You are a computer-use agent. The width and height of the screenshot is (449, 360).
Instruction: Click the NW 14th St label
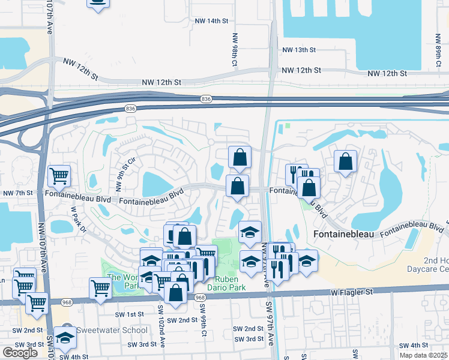tap(212, 20)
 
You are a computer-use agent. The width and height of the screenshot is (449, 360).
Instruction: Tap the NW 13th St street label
tap(313, 50)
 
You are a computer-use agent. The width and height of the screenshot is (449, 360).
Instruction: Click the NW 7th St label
tap(17, 193)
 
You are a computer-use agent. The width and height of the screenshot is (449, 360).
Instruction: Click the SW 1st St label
tap(130, 314)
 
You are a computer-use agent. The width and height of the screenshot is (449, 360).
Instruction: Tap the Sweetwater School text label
tap(111, 330)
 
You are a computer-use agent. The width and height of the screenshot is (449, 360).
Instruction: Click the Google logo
tap(20, 352)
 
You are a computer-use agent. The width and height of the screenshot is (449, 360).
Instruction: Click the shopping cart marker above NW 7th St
tap(59, 176)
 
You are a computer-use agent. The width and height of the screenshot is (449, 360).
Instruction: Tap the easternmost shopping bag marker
tap(345, 161)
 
